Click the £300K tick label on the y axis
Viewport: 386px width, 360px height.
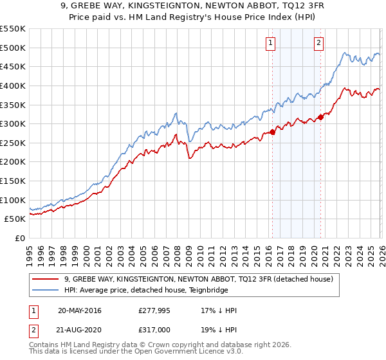pyautogui.click(x=13, y=123)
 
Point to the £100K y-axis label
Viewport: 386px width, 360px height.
pyautogui.click(x=13, y=200)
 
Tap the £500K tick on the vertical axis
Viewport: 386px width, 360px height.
pyautogui.click(x=13, y=48)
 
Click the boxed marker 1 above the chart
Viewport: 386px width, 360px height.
pyautogui.click(x=271, y=43)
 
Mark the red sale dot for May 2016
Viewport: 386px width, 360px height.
pyautogui.click(x=272, y=132)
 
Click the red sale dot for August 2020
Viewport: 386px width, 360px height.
pyautogui.click(x=320, y=117)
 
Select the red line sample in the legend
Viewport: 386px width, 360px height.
pyautogui.click(x=46, y=279)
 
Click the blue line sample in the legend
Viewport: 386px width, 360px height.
pyautogui.click(x=46, y=290)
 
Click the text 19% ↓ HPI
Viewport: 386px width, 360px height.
pyautogui.click(x=219, y=330)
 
